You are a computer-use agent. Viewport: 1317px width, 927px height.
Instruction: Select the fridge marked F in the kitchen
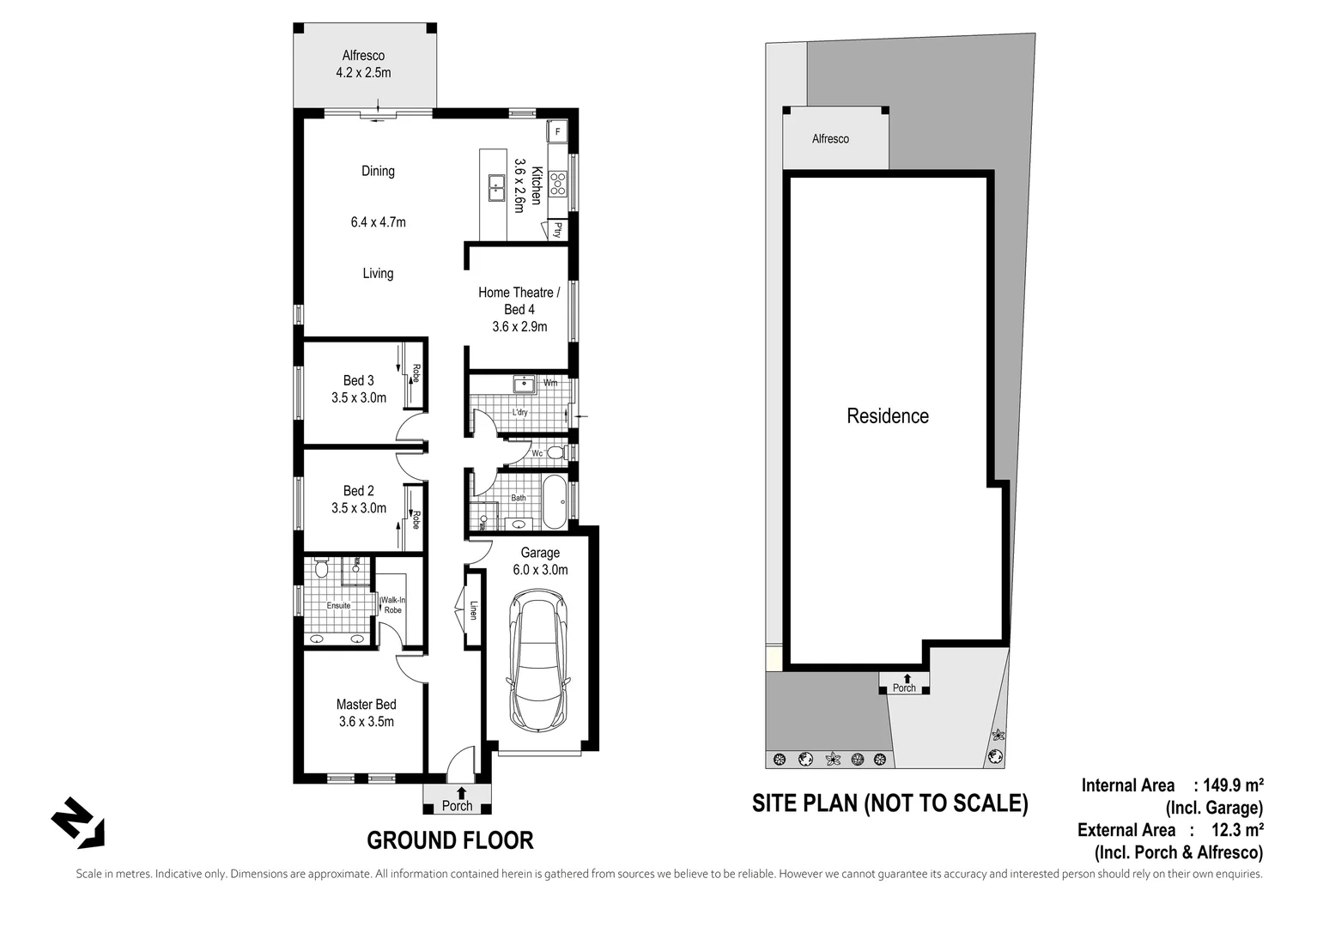tap(558, 131)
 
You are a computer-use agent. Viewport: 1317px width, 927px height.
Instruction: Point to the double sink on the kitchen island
tap(496, 186)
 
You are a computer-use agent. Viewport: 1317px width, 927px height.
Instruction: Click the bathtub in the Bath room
tap(554, 502)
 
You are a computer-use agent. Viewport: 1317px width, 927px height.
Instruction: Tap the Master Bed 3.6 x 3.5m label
tap(366, 713)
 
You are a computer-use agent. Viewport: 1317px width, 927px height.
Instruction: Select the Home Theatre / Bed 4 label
tap(519, 309)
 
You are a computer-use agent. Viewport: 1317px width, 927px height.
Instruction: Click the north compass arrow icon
tap(78, 823)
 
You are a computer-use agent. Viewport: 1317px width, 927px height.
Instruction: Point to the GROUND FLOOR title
tap(450, 840)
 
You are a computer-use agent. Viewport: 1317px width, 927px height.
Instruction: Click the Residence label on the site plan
tap(887, 416)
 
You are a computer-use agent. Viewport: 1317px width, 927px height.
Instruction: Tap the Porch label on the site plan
tap(904, 688)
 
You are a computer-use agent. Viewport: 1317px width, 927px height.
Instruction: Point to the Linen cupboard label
tap(472, 610)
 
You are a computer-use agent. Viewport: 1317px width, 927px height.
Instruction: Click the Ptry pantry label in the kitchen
tap(557, 230)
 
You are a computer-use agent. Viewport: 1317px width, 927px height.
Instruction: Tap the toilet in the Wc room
tap(555, 452)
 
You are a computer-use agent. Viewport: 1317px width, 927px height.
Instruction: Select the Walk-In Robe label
tap(392, 605)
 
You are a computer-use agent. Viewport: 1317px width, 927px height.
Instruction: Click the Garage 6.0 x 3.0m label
tap(539, 561)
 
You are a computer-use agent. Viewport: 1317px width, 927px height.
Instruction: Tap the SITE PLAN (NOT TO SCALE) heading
tap(889, 803)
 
